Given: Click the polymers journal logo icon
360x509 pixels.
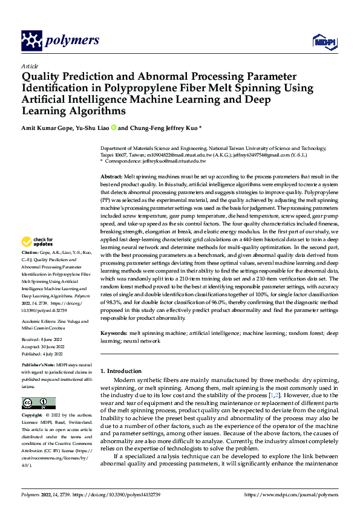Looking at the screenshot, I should pos(32,40).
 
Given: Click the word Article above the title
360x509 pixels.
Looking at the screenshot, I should pos(30,66).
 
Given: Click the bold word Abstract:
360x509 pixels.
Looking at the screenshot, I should pos(111,175).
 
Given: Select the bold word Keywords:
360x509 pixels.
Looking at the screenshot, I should pos(113,334).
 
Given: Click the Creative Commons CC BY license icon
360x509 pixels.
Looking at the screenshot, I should pos(38,403).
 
